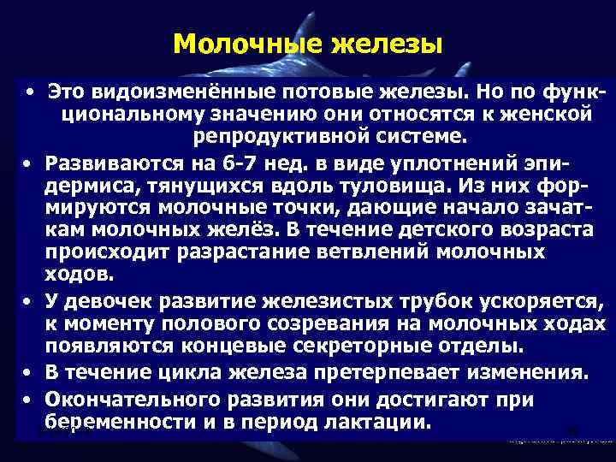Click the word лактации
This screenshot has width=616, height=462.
point(374,423)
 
